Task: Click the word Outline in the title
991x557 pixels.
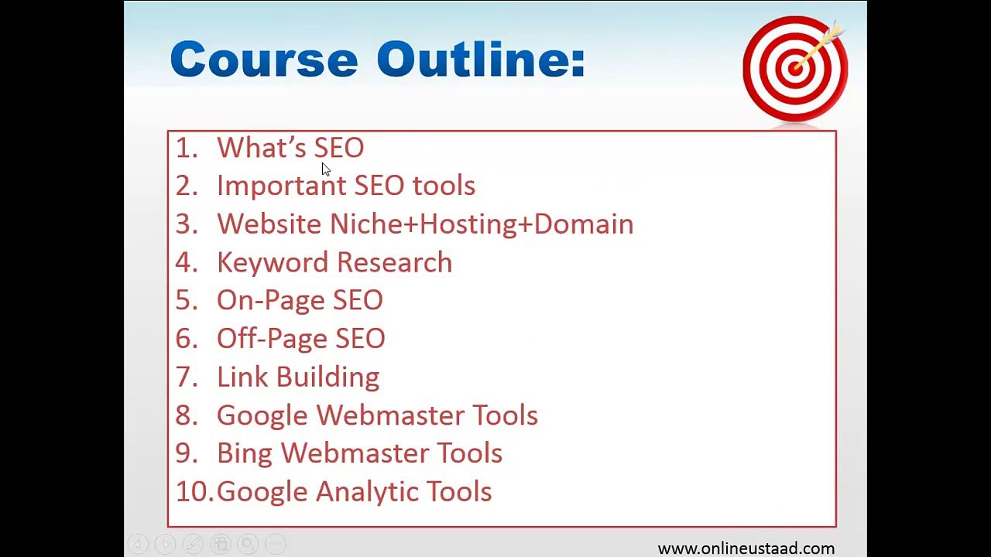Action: (x=480, y=60)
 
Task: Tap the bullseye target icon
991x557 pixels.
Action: (x=794, y=68)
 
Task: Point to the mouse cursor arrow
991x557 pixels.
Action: (x=325, y=169)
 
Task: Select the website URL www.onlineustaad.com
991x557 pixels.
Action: (x=746, y=548)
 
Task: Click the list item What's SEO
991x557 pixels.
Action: (x=290, y=148)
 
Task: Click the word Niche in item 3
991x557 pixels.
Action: (x=362, y=224)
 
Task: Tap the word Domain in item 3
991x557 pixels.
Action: (x=584, y=224)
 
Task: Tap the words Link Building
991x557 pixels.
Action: (x=298, y=378)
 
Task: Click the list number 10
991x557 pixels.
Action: (x=194, y=492)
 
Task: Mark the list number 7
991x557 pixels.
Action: (x=186, y=378)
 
